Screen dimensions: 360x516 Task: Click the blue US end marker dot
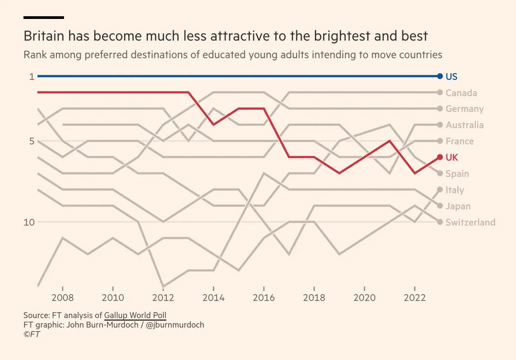(x=440, y=76)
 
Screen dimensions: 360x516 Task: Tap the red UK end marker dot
(x=440, y=157)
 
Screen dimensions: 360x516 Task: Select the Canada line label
(x=461, y=93)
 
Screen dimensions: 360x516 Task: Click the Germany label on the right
(x=464, y=109)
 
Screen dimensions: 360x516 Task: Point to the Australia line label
(x=464, y=125)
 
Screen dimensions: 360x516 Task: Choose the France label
(x=459, y=141)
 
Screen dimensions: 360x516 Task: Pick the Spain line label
(x=457, y=174)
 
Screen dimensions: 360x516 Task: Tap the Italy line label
(x=454, y=190)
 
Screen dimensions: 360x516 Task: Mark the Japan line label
(x=458, y=206)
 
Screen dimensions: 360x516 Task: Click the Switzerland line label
(x=470, y=222)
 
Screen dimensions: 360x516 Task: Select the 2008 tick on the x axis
(x=62, y=298)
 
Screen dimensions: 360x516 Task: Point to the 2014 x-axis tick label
(x=213, y=298)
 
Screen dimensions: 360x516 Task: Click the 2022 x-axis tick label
(x=415, y=298)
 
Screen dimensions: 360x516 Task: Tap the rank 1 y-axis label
(x=32, y=77)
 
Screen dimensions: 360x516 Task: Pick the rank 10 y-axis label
(x=29, y=222)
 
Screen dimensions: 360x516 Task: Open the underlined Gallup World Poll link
(x=135, y=315)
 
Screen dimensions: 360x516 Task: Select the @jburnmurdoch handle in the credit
(x=175, y=325)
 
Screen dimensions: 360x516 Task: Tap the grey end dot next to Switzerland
(x=440, y=222)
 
